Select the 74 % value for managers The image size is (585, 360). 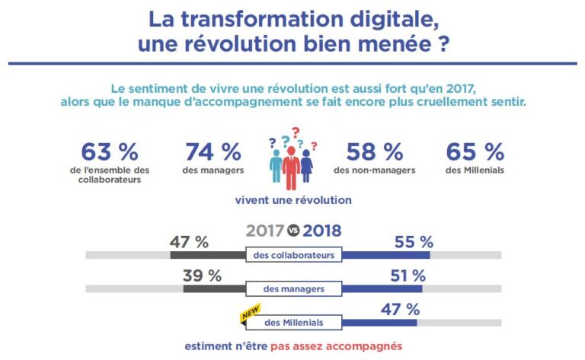point(213,151)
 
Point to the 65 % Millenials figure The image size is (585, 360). point(475,151)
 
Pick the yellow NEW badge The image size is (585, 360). point(251,313)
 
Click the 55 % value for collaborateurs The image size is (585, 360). point(414,242)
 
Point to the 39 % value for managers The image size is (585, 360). point(202,276)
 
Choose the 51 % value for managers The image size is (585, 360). point(408,276)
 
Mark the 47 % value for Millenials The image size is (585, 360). point(400,309)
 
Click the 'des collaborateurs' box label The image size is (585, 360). point(293,256)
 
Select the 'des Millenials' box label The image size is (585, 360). point(293,323)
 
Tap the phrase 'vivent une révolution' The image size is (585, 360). point(292,200)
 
